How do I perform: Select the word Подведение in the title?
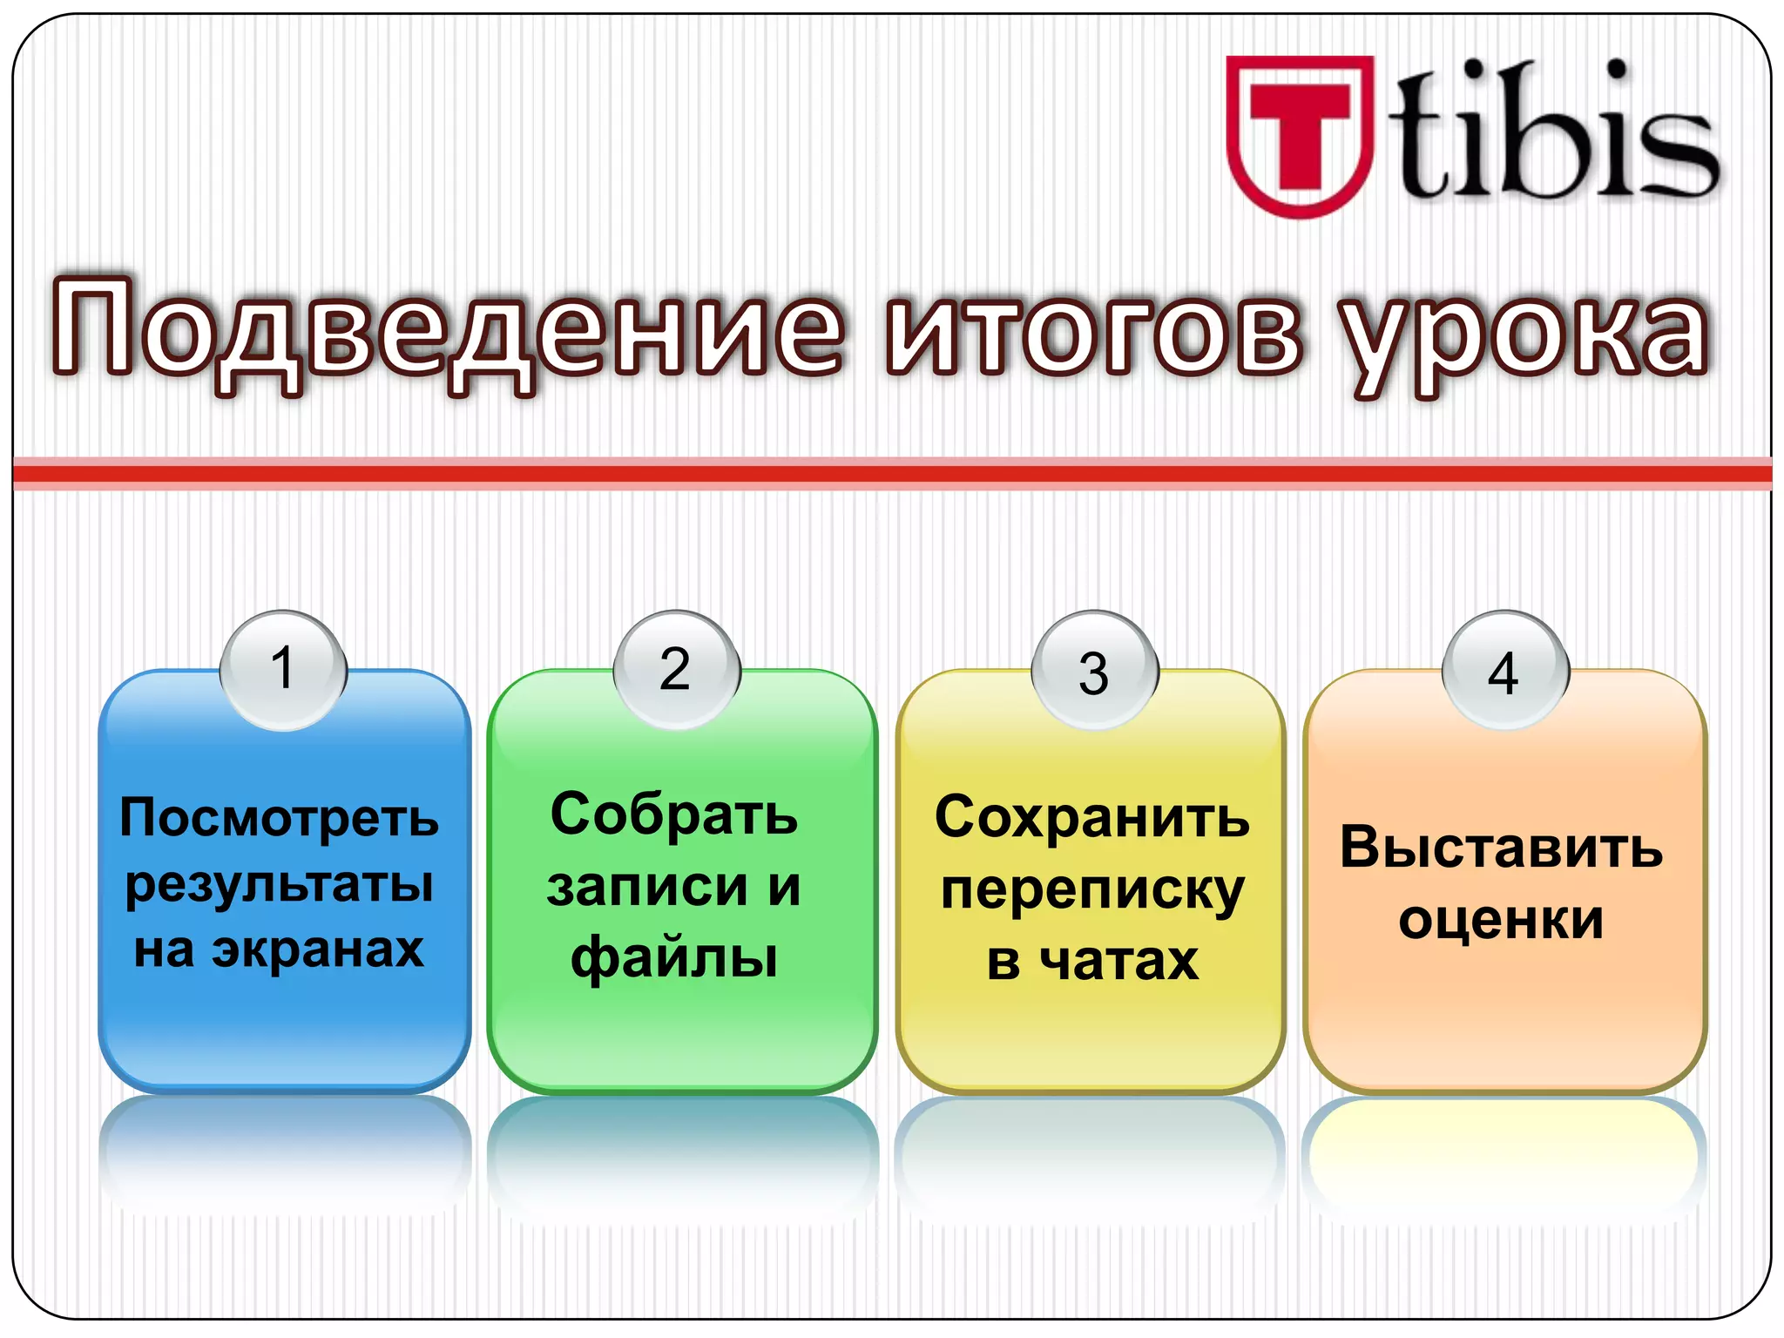click(446, 331)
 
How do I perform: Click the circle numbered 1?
click(283, 669)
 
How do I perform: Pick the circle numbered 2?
click(676, 669)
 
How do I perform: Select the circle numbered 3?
click(1094, 671)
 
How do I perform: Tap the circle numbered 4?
click(1504, 671)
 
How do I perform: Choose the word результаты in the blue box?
click(280, 885)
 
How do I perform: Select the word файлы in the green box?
click(674, 958)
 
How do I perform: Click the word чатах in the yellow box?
click(1120, 961)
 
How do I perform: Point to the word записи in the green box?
click(647, 887)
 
